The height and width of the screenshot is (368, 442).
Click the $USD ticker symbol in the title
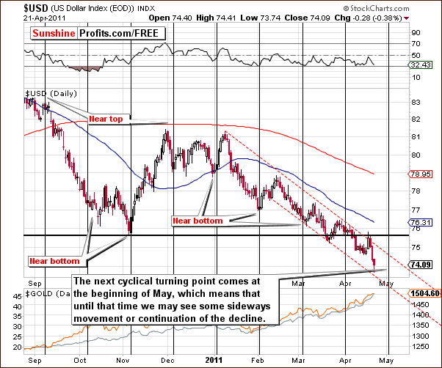click(15, 6)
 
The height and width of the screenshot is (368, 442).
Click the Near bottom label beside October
click(52, 261)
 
